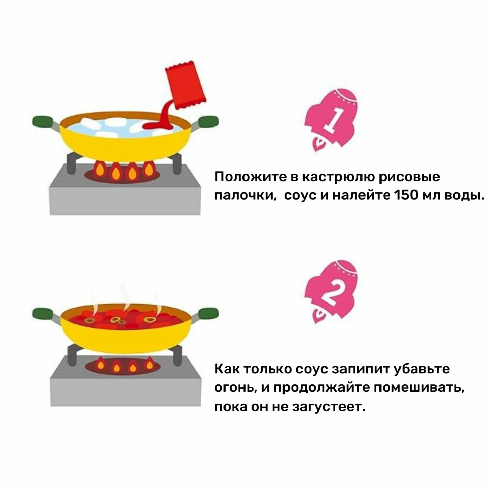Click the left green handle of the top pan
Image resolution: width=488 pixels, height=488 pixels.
click(43, 121)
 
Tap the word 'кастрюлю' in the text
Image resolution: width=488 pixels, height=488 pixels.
click(339, 177)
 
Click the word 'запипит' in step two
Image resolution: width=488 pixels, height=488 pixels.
click(361, 369)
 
